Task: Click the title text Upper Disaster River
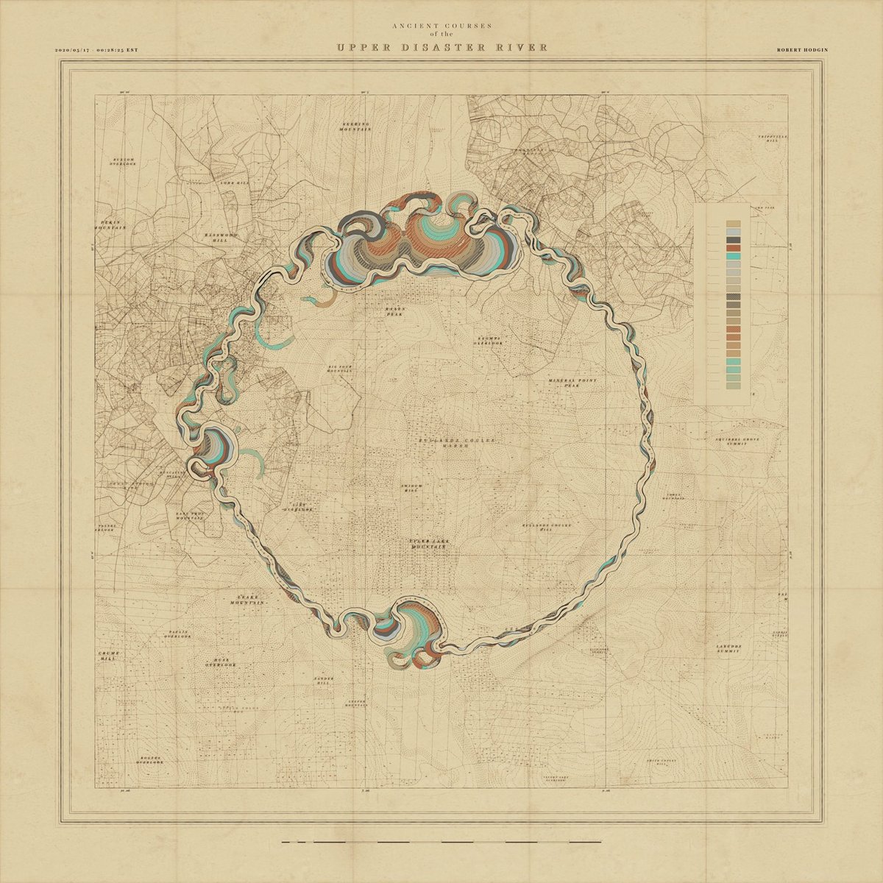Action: (441, 49)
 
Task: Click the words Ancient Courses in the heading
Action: (441, 25)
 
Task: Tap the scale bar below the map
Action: (441, 841)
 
